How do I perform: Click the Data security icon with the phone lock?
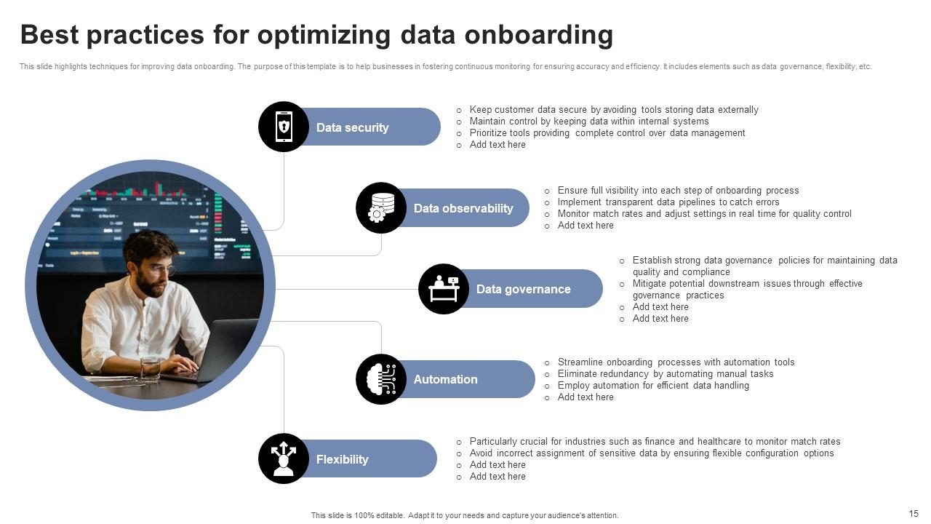click(284, 127)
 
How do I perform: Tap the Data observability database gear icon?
click(381, 208)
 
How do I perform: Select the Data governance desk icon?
click(444, 289)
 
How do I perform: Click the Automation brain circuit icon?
click(381, 379)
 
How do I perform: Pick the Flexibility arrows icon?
click(284, 458)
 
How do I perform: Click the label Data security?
click(352, 127)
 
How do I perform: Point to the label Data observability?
click(463, 208)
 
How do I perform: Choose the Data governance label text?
click(523, 289)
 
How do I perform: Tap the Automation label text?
click(445, 379)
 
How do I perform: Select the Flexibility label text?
click(342, 459)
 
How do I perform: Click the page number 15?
click(914, 514)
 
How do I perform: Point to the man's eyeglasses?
click(161, 270)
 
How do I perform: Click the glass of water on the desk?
click(150, 370)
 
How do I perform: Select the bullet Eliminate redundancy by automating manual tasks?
click(665, 374)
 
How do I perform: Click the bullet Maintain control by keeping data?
click(588, 122)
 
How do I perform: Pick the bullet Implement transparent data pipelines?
click(668, 202)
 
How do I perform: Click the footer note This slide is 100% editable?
click(465, 515)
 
